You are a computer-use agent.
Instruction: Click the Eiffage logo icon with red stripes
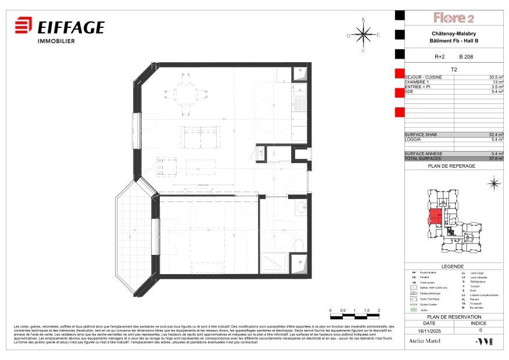point(23,27)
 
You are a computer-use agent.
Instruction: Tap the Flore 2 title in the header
point(454,18)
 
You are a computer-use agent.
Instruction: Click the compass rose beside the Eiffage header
point(364,35)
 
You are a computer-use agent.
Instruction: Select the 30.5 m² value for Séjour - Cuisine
point(496,77)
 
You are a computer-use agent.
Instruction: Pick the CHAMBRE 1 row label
point(416,82)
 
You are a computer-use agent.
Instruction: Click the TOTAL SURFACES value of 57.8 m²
point(496,159)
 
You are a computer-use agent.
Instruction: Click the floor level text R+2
point(439,57)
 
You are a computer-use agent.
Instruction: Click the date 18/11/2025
point(429,329)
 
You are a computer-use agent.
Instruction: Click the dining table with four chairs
point(186,93)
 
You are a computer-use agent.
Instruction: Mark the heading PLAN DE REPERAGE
point(451,166)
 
